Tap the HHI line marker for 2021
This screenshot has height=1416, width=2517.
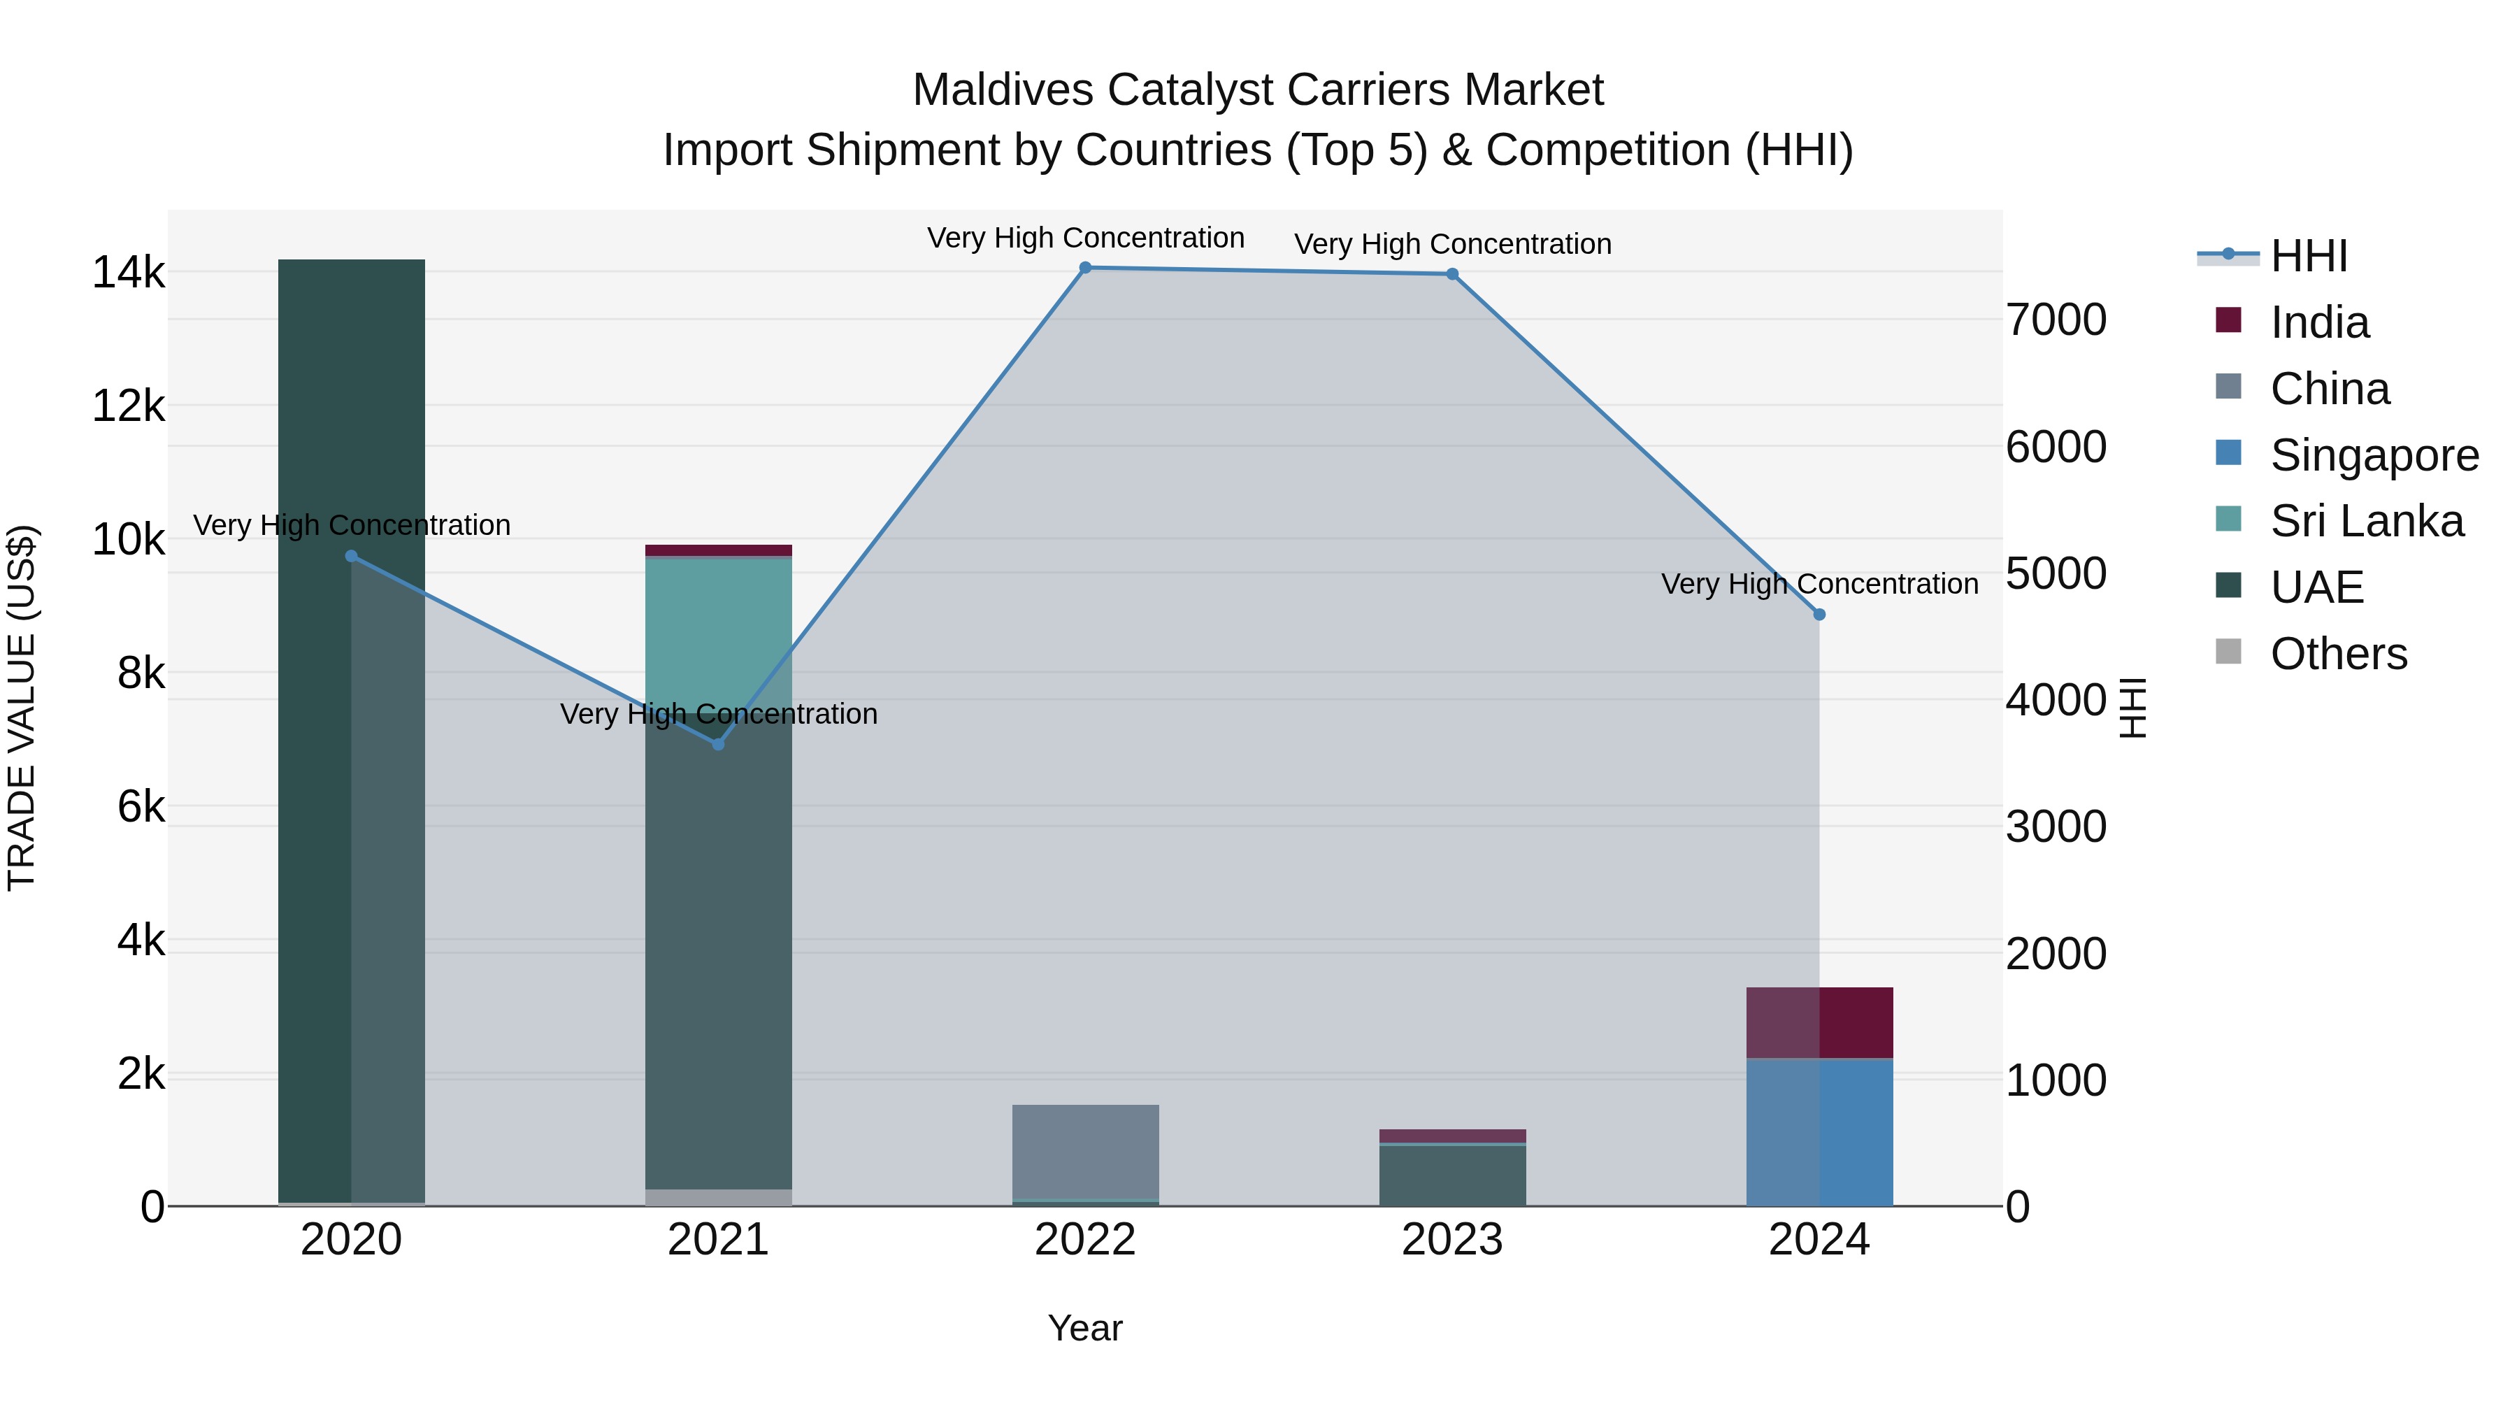(x=718, y=745)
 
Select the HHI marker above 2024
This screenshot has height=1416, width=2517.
(x=1819, y=615)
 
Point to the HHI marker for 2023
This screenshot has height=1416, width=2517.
(x=1452, y=275)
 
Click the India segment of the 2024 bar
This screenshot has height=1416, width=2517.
(x=1819, y=1022)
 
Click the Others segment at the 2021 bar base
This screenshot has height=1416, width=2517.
(x=718, y=1197)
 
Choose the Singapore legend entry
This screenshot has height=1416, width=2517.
(x=2374, y=455)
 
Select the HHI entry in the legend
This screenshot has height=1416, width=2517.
(x=2308, y=256)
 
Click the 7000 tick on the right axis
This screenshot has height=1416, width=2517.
(x=2056, y=320)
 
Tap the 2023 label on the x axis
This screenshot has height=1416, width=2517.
(x=1452, y=1240)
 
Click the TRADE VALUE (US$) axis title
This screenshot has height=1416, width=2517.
(x=22, y=708)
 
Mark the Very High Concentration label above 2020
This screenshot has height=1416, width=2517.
(x=351, y=526)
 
